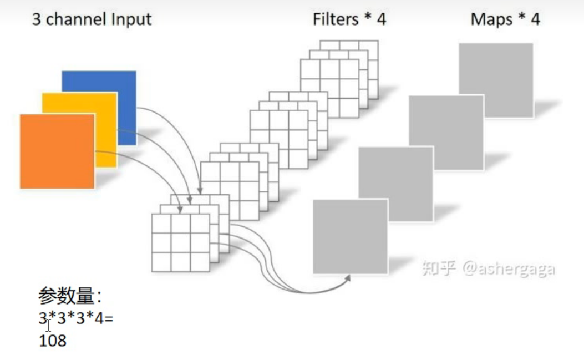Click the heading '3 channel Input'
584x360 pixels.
(x=92, y=20)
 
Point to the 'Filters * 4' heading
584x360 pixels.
(x=349, y=20)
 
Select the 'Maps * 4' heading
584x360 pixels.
(x=505, y=20)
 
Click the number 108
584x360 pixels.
(x=53, y=340)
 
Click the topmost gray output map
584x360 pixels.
(x=496, y=80)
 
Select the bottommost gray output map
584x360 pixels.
(x=350, y=237)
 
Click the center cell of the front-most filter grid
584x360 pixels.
(x=180, y=242)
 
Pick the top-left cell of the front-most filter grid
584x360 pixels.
(x=161, y=224)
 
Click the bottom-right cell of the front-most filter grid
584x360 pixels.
(x=199, y=261)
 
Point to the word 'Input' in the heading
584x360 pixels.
(x=130, y=20)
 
